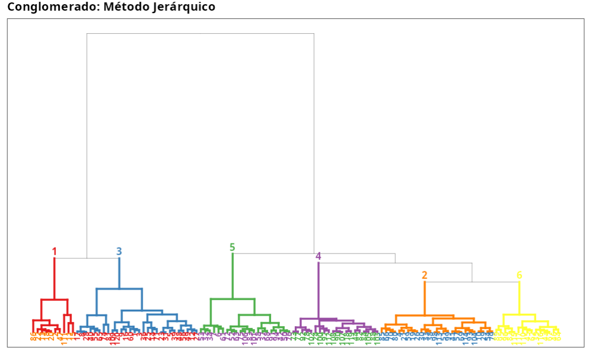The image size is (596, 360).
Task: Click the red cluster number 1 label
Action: coord(54,252)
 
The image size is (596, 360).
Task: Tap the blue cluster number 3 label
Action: coord(119,252)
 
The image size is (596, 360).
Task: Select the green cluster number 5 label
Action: coord(233,247)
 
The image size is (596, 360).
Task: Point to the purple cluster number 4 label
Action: coord(318,256)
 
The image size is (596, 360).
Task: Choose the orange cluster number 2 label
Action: coord(424,275)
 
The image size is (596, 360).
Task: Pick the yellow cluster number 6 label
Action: coord(519,275)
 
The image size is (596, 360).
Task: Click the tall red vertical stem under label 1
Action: coord(54,278)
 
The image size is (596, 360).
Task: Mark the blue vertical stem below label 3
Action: coord(119,274)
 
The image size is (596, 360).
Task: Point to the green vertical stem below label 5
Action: coord(233,276)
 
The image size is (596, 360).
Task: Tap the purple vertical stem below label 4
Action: coord(318,290)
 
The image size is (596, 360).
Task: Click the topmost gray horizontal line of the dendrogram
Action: coord(200,34)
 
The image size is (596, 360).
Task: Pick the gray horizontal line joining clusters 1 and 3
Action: coord(87,258)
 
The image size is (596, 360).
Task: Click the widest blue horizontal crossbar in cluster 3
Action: coord(119,289)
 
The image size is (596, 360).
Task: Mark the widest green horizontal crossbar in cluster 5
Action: coord(233,299)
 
